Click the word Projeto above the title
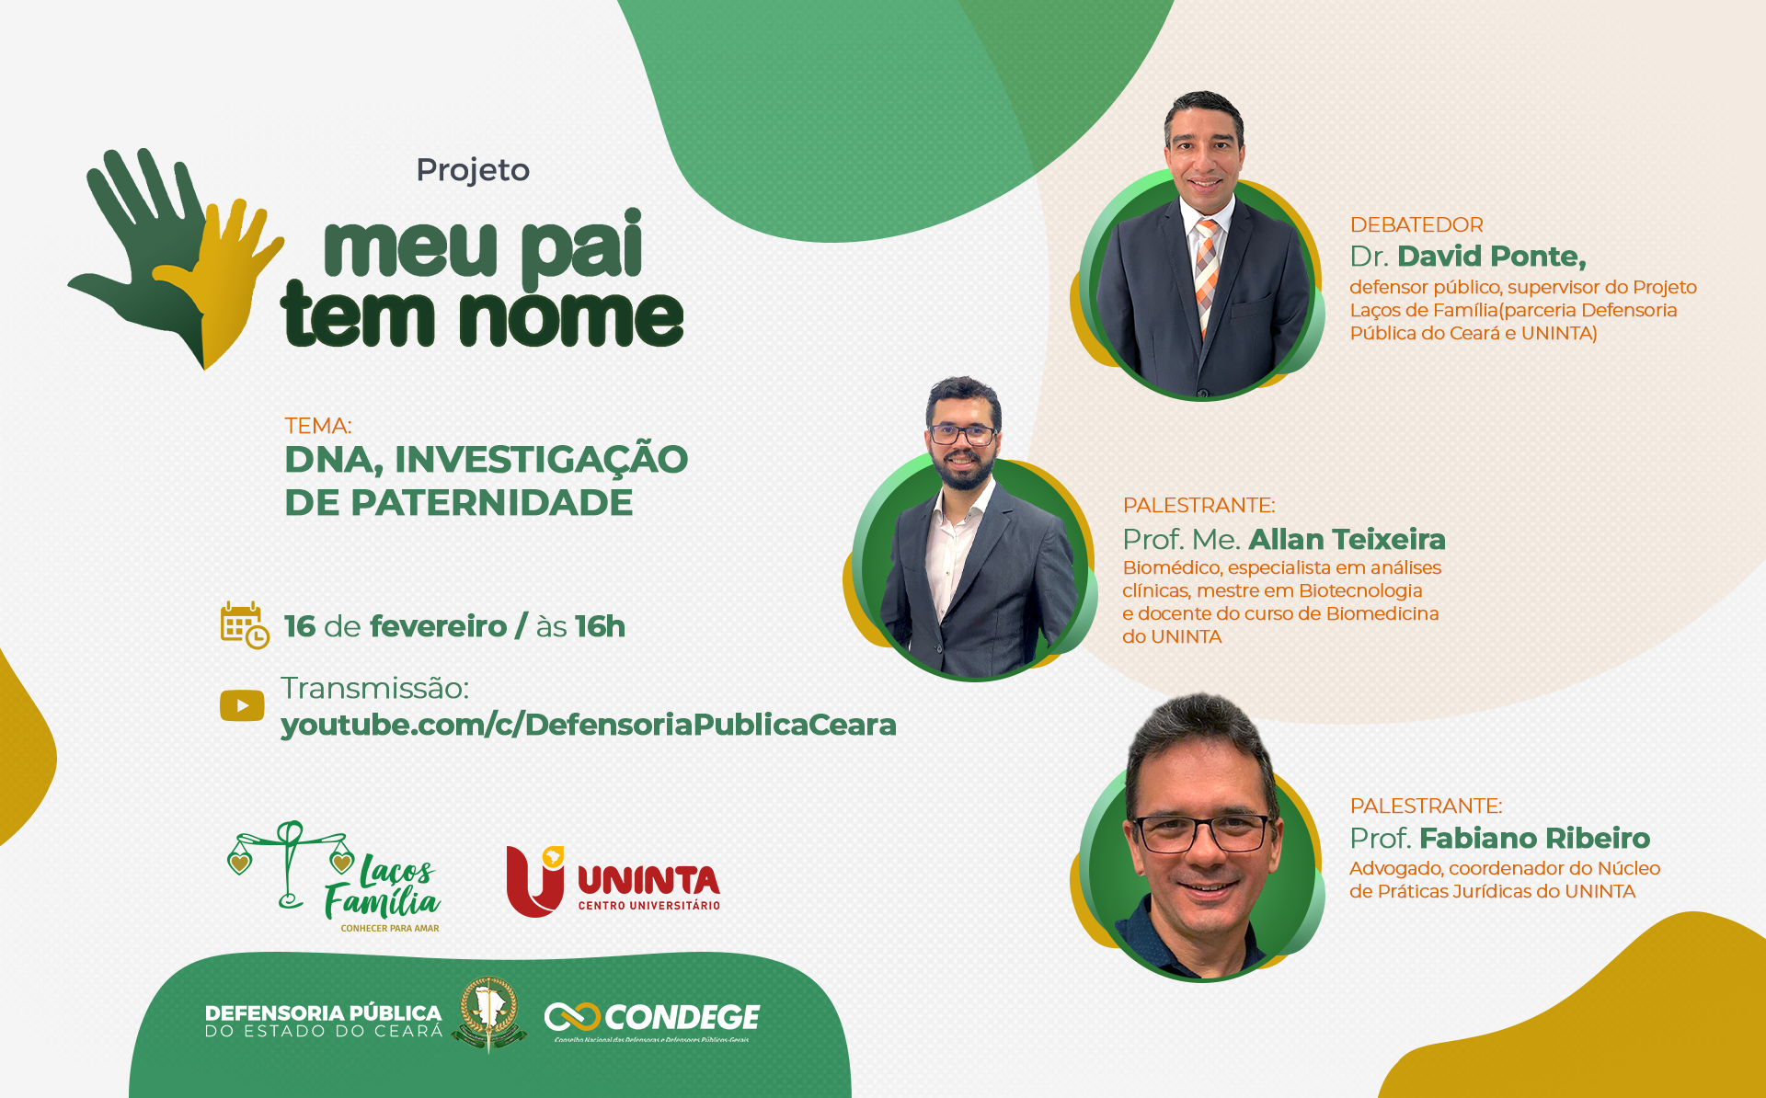point(473,170)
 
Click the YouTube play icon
point(242,705)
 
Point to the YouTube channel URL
point(588,725)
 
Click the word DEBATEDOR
point(1416,225)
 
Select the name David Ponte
point(1491,257)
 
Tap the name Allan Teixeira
point(1347,539)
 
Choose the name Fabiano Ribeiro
point(1534,839)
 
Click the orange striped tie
point(1207,267)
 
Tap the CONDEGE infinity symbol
point(572,1017)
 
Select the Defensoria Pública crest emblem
point(488,1012)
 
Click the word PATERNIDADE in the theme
point(491,503)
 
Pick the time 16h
point(600,626)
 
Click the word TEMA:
point(318,426)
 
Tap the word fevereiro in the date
point(438,626)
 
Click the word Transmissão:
point(374,688)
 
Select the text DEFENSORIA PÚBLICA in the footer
point(323,1012)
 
